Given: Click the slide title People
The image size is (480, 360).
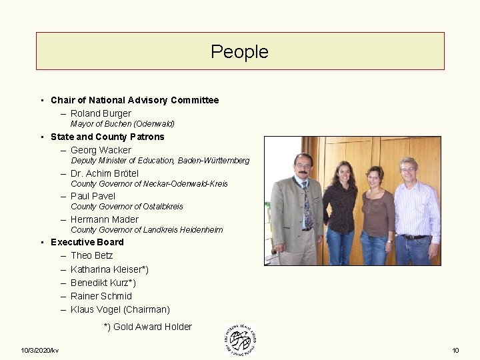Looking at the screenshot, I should [239, 51].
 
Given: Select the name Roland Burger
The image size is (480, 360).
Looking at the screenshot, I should [101, 113].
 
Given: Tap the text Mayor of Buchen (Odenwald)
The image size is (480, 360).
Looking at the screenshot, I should [123, 124].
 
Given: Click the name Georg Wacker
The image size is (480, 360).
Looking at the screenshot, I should [101, 150].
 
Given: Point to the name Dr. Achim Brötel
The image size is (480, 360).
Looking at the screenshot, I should [105, 173].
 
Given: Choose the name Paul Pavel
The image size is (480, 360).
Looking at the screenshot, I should [93, 196].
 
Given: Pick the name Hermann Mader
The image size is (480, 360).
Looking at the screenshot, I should [105, 219].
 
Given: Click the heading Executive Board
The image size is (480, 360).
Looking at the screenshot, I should [87, 242].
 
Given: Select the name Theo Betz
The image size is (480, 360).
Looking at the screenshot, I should [92, 255].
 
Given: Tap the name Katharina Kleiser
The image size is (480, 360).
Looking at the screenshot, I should [109, 269].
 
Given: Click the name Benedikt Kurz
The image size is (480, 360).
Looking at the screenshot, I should [103, 283].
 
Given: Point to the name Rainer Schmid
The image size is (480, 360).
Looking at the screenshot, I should [101, 296].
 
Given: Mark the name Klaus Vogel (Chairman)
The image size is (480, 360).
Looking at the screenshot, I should [120, 309].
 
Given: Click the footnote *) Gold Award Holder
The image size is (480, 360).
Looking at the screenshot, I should [148, 327].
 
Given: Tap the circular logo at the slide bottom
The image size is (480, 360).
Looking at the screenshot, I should [239, 341].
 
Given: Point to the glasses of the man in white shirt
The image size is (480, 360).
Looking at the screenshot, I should [408, 170].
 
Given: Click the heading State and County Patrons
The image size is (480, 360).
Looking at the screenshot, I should [107, 137].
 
